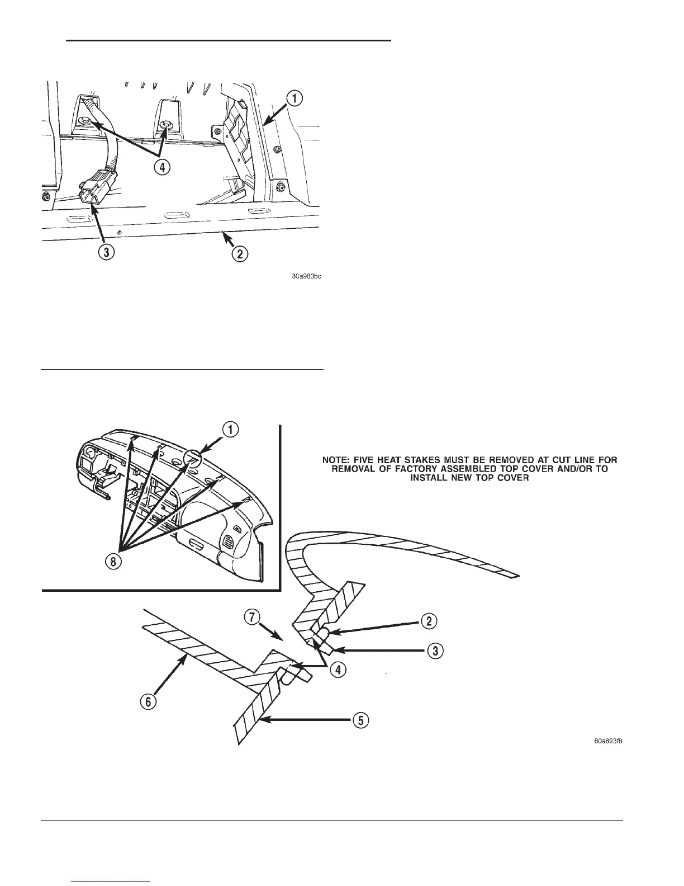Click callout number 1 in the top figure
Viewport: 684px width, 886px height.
295,99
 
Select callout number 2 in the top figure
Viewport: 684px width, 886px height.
240,253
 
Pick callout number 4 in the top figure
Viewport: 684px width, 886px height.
163,167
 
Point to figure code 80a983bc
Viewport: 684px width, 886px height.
306,276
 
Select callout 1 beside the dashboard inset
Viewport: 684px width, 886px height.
231,430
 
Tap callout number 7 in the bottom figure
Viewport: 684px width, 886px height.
252,619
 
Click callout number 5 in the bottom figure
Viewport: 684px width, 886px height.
362,721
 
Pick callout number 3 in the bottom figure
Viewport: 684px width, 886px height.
435,650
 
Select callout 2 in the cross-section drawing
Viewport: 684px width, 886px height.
429,621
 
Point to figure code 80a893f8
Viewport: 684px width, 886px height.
608,742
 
